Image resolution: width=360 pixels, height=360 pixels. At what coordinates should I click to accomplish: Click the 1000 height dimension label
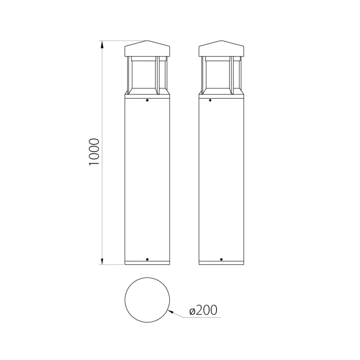point(94,152)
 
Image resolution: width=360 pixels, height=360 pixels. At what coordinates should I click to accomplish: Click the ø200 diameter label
point(203,310)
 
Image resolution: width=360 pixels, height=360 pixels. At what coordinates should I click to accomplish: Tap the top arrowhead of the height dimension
point(102,45)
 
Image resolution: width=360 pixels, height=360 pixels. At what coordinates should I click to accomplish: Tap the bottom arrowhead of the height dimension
point(102,261)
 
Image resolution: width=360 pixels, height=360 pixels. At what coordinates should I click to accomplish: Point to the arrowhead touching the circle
point(171,312)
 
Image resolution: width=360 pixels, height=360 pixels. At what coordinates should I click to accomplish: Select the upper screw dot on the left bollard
point(148,100)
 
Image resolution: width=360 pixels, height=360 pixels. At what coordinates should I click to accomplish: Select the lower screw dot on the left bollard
point(148,259)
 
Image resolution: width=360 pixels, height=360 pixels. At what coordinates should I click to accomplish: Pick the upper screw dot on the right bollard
point(210,100)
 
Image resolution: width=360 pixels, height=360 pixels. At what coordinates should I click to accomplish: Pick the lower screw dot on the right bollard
point(221,259)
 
